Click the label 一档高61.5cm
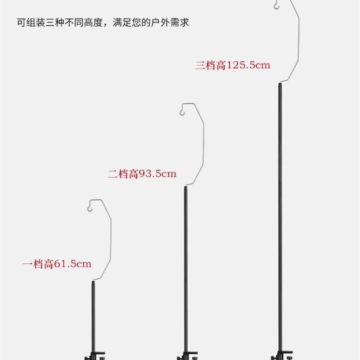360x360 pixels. click(57, 264)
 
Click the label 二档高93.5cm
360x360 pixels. click(142, 174)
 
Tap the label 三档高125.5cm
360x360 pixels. click(232, 65)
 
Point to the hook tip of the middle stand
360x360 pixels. click(182, 112)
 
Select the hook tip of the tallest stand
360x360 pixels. click(275, 6)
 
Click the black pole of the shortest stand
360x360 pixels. click(94, 315)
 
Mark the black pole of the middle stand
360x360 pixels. click(185, 270)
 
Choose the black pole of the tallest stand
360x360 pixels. click(279, 216)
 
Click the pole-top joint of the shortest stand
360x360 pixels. click(94, 281)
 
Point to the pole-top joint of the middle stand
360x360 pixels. click(185, 185)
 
